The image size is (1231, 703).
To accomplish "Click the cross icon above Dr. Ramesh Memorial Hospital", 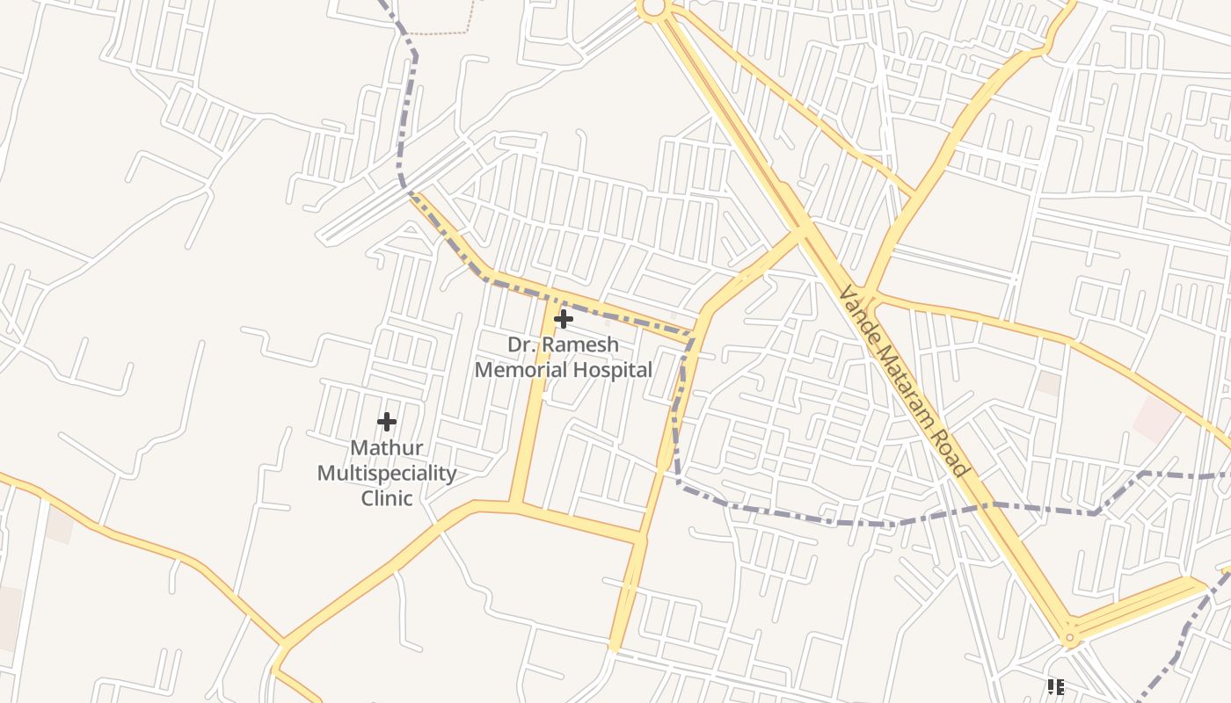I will (564, 318).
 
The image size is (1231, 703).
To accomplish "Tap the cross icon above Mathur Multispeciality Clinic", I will (387, 422).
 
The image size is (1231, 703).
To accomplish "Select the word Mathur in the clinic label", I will (387, 448).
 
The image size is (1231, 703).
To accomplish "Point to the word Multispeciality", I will (387, 474).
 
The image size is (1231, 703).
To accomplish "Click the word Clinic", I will (387, 498).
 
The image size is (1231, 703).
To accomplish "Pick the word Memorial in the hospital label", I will (521, 370).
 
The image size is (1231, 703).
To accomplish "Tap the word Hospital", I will (613, 370).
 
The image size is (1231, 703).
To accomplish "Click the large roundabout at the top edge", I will (652, 8).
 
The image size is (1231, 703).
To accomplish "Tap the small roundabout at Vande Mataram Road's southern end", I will (1070, 638).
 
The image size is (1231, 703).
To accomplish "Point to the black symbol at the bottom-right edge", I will (1056, 686).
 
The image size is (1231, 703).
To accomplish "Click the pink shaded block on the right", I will (1155, 418).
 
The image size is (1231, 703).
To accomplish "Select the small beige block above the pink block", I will (1048, 383).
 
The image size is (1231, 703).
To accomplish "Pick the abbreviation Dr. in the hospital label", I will (521, 344).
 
